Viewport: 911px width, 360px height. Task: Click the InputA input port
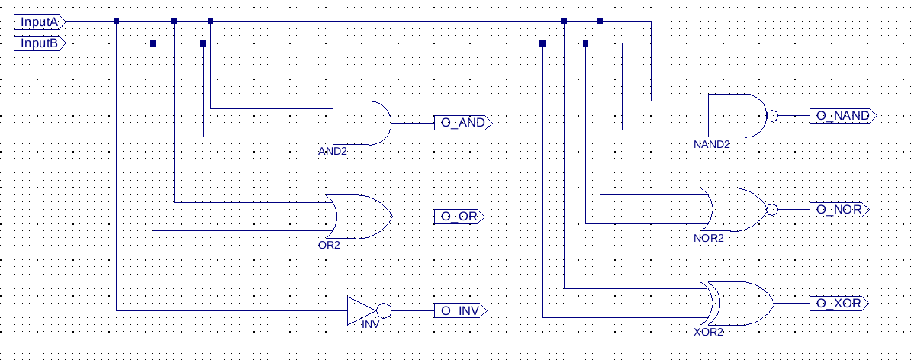[x=40, y=22]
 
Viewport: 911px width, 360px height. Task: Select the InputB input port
[x=40, y=43]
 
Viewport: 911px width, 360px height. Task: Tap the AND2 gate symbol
[x=362, y=123]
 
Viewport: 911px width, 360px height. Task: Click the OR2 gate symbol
[x=360, y=217]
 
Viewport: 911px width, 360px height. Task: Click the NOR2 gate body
[x=735, y=210]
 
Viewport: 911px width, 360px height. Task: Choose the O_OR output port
[x=459, y=217]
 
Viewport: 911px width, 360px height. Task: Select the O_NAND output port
[x=842, y=115]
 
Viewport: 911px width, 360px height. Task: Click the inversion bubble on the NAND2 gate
[x=772, y=115]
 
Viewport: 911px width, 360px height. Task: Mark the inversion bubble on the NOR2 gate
[x=772, y=210]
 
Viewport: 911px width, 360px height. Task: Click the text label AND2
[x=333, y=151]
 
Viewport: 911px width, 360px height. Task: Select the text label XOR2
[x=709, y=332]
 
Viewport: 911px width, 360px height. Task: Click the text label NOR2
[x=709, y=238]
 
